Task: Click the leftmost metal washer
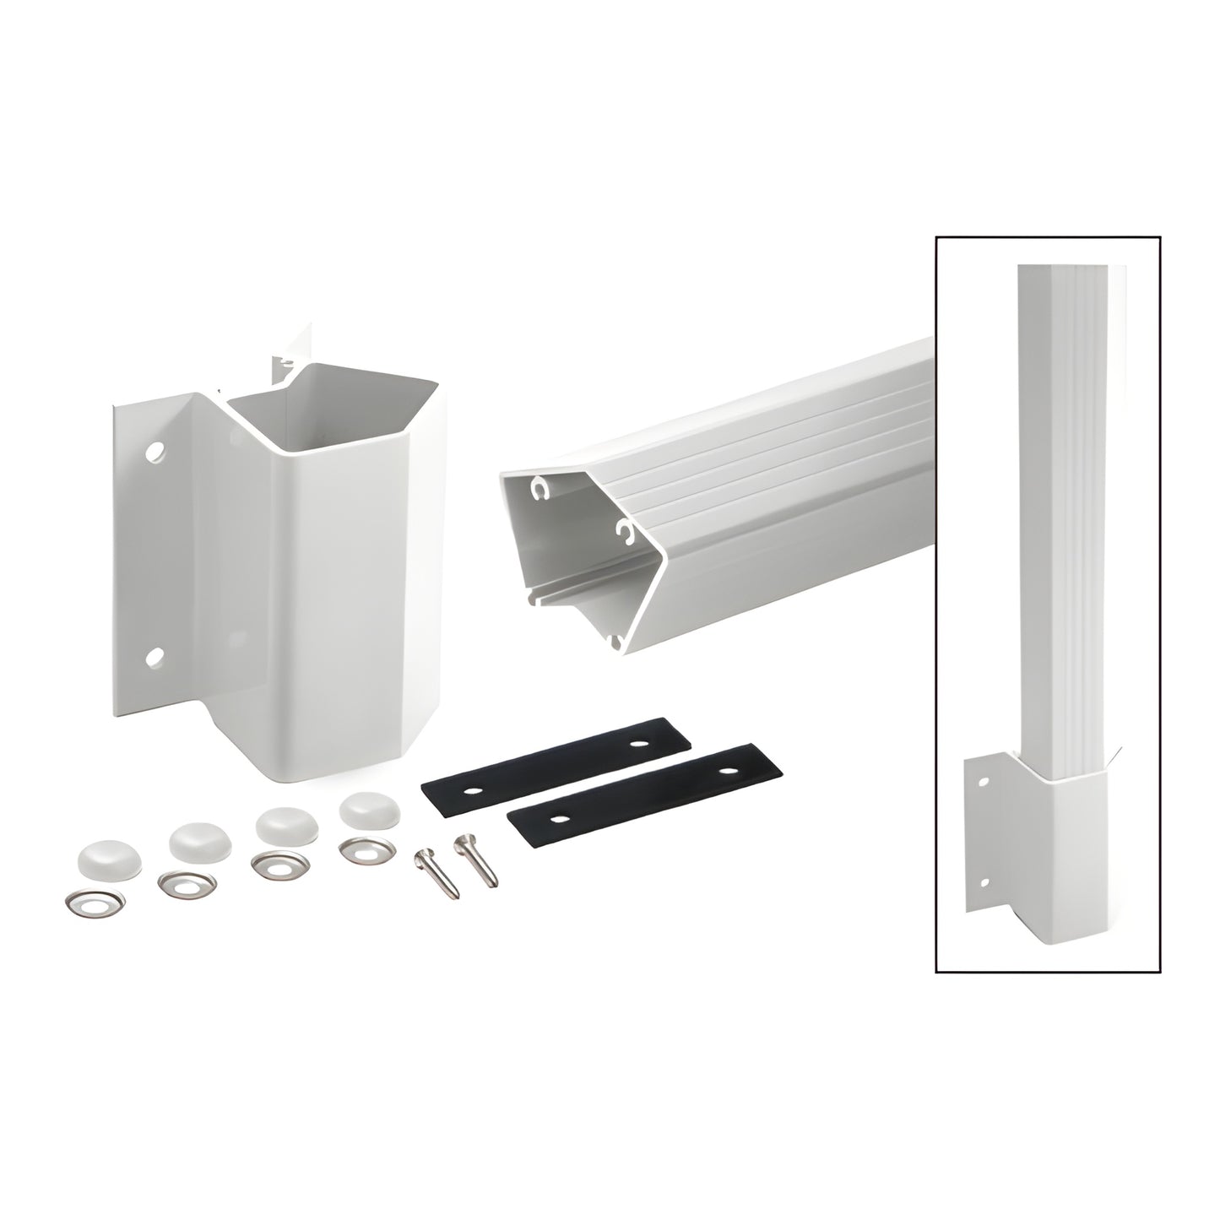(x=94, y=899)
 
